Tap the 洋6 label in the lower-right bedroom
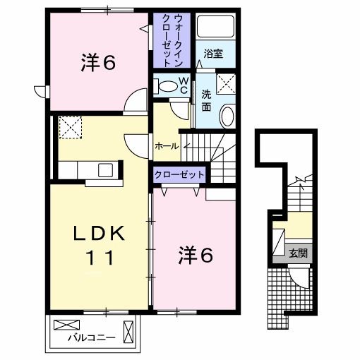coord(193,256)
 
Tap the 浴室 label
coord(213,53)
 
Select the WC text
coord(182,85)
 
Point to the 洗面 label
coord(206,100)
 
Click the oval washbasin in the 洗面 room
coord(227,115)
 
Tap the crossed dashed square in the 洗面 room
coord(227,84)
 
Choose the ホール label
coord(166,146)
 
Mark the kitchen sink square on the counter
coord(105,169)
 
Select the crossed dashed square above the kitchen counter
coord(71,128)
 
